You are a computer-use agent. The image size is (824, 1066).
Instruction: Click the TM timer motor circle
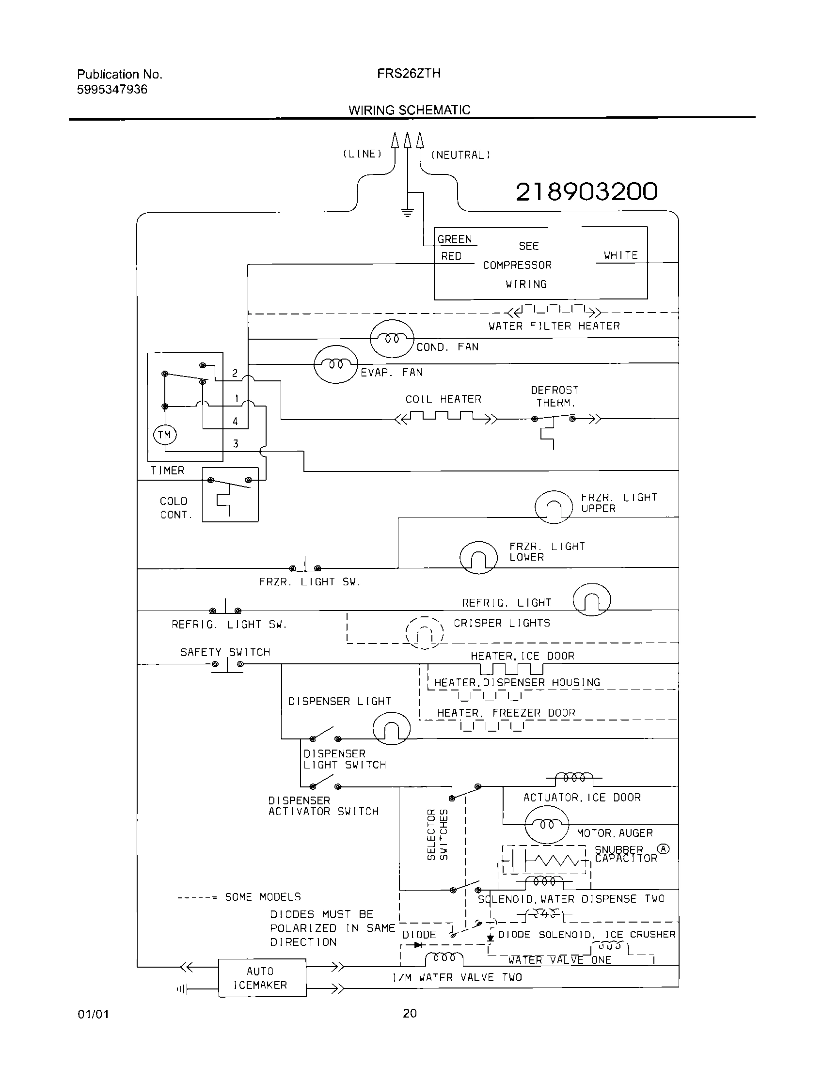[x=164, y=435]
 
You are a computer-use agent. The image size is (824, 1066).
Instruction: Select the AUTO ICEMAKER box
[x=262, y=978]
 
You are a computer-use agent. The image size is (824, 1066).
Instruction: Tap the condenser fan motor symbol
[x=392, y=338]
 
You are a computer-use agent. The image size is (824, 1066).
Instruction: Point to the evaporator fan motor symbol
[x=336, y=364]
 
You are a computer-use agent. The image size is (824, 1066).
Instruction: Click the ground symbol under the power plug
[x=408, y=212]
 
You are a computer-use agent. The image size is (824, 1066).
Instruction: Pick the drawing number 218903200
[x=586, y=191]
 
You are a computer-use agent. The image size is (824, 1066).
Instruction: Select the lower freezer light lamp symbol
[x=478, y=557]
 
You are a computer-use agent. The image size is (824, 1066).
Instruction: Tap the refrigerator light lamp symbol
[x=591, y=600]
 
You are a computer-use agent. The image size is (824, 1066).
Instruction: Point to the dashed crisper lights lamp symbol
[x=424, y=632]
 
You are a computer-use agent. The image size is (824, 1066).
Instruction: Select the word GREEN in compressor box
[x=455, y=239]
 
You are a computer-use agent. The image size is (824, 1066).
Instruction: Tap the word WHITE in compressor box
[x=620, y=255]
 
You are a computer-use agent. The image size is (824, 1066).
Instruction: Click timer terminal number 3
[x=236, y=443]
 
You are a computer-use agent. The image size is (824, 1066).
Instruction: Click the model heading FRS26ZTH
[x=409, y=74]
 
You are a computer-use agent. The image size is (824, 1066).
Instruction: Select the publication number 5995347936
[x=112, y=89]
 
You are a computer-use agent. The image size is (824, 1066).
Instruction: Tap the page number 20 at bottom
[x=410, y=1013]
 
